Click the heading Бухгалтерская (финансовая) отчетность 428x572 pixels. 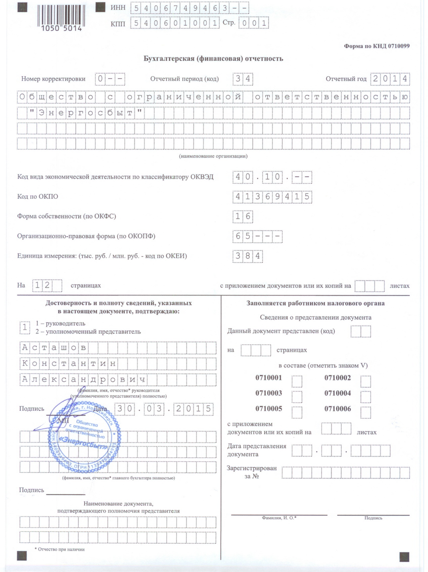pyautogui.click(x=213, y=59)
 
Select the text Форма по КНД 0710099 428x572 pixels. pyautogui.click(x=376, y=46)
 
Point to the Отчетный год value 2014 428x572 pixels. pyautogui.click(x=390, y=79)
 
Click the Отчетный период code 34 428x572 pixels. pyautogui.click(x=242, y=79)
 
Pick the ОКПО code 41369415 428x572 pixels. pyautogui.click(x=272, y=197)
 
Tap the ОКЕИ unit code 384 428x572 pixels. pyautogui.click(x=248, y=256)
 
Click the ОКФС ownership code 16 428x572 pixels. pyautogui.click(x=242, y=216)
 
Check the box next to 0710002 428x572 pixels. pyautogui.click(x=365, y=382)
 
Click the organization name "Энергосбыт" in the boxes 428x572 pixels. pyautogui.click(x=85, y=113)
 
